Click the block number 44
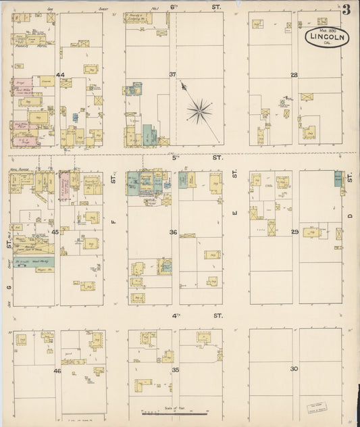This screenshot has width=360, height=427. click(60, 75)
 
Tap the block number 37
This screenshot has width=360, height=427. click(172, 74)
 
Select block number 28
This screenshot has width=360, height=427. click(294, 74)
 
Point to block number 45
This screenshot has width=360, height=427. click(55, 232)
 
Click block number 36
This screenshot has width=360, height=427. click(173, 232)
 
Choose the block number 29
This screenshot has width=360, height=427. click(294, 232)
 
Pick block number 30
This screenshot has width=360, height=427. click(294, 369)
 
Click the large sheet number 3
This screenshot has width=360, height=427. click(346, 10)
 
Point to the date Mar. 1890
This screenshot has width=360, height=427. click(327, 30)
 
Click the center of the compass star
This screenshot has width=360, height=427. click(200, 110)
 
